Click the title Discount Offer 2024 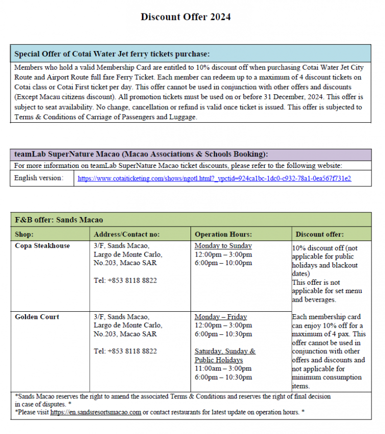185,17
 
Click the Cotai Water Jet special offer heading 112,54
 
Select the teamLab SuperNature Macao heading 141,154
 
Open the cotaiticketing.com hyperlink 214,178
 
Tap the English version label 39,178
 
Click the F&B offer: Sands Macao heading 59,220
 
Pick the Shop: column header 25,234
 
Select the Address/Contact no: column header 127,234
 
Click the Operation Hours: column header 223,234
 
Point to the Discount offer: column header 320,234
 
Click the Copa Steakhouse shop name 43,246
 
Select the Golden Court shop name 37,317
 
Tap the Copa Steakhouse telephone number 125,281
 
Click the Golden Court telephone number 125,351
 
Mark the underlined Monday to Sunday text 223,246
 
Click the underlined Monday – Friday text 221,317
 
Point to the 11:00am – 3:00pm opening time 223,369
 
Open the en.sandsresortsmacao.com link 96,412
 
